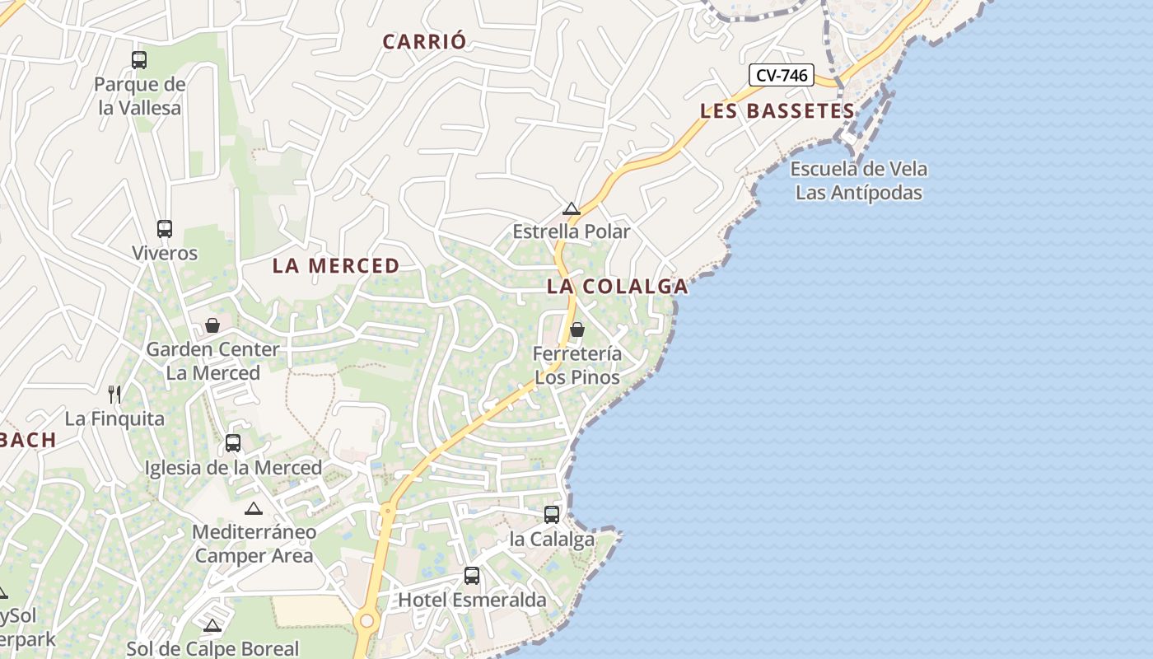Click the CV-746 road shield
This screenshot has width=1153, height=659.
tap(782, 76)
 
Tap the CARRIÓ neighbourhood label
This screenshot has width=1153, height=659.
tap(424, 41)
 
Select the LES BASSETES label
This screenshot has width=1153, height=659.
tap(777, 111)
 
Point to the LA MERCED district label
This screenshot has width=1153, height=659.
tap(336, 266)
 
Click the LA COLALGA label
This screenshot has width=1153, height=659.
tap(617, 287)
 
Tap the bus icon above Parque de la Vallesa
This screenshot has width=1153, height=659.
tap(139, 59)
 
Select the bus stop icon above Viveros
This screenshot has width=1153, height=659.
tap(165, 229)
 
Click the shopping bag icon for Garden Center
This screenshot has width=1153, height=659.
tap(212, 325)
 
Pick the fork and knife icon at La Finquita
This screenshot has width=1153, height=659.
tap(114, 395)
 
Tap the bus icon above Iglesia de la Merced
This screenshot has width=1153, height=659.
tap(233, 443)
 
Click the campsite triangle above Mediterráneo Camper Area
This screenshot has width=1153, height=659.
tap(253, 508)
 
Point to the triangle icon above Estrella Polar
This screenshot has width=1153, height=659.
tap(572, 208)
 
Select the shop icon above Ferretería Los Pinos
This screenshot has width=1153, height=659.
tap(577, 329)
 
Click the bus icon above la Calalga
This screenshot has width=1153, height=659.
tap(552, 515)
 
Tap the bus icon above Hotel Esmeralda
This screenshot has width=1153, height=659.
tap(472, 576)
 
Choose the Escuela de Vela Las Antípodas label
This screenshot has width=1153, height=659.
tap(858, 181)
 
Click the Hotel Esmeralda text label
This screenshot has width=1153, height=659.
tap(472, 600)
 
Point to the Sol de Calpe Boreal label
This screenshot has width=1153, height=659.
tap(212, 648)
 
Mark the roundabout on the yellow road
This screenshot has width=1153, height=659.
tap(366, 621)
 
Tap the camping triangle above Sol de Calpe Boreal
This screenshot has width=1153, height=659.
tap(212, 625)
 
